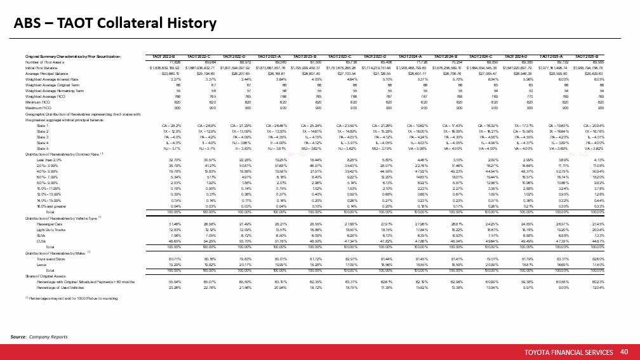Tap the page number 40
(x=623, y=351)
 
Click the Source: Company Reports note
(x=39, y=336)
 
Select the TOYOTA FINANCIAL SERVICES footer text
(x=568, y=352)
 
